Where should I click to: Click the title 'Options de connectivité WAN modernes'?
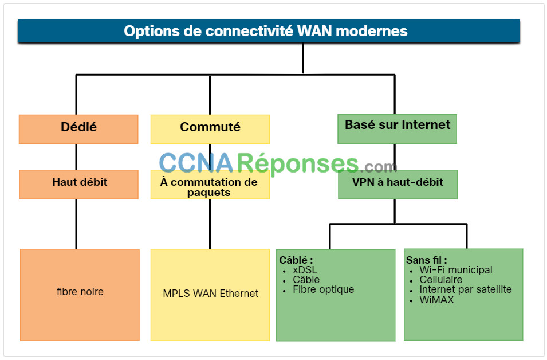click(265, 31)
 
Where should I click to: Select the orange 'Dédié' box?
click(78, 129)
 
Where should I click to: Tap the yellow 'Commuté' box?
click(210, 129)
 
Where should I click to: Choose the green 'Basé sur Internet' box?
click(397, 129)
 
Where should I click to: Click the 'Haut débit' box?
click(78, 185)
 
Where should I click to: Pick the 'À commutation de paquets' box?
click(210, 185)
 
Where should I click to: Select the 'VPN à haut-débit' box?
click(398, 185)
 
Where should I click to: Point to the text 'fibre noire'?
click(80, 292)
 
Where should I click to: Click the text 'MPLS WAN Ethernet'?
click(210, 294)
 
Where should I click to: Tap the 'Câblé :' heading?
click(296, 260)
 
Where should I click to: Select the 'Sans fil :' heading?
click(426, 260)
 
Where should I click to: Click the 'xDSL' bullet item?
click(305, 270)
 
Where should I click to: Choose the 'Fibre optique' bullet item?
click(324, 289)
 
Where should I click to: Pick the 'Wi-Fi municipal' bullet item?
click(455, 270)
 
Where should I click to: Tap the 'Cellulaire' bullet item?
click(440, 280)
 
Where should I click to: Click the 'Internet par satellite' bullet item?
click(465, 289)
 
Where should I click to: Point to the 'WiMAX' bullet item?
click(436, 300)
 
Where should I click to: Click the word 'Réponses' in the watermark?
click(298, 163)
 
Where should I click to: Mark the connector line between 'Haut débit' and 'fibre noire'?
click(76, 224)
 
